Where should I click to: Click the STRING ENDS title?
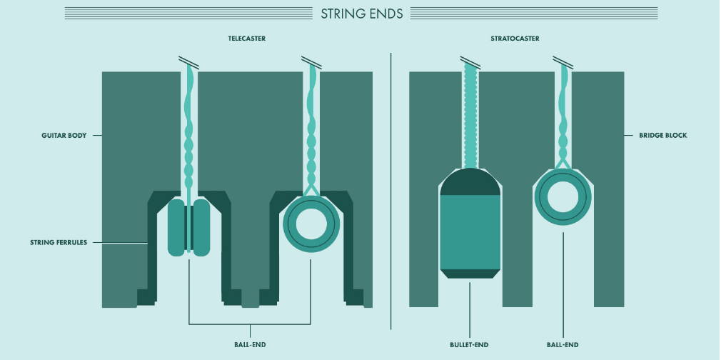click(361, 14)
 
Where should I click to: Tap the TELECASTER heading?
click(247, 39)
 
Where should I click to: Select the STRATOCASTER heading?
click(515, 39)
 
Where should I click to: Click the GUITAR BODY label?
click(64, 135)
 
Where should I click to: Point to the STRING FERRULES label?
click(59, 242)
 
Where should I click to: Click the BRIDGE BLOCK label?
click(663, 135)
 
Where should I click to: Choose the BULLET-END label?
click(469, 345)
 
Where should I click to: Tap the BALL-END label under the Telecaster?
click(250, 345)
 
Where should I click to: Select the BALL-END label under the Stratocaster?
click(563, 345)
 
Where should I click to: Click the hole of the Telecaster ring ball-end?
click(311, 224)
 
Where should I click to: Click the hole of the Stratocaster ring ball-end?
click(563, 196)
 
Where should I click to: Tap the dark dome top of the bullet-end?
click(470, 181)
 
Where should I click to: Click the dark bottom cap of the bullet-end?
click(470, 274)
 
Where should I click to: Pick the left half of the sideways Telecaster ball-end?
click(176, 227)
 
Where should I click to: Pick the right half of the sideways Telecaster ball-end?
click(201, 227)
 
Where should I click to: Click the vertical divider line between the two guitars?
click(391, 191)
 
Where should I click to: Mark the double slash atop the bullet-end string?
click(470, 62)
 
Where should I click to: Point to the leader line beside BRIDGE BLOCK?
click(629, 135)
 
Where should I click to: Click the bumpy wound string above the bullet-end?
click(470, 115)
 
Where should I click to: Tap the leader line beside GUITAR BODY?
click(97, 135)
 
